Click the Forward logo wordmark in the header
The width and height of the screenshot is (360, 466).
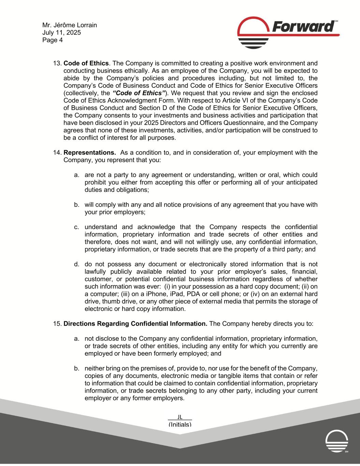[x=303, y=27]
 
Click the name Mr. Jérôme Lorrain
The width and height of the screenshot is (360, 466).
[x=70, y=25]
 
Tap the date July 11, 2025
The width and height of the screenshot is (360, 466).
[x=62, y=33]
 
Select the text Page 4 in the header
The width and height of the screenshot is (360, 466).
[x=53, y=40]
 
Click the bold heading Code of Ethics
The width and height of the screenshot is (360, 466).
[x=86, y=63]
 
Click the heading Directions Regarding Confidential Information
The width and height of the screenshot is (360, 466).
[x=135, y=324]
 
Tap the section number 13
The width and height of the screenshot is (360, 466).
[x=57, y=63]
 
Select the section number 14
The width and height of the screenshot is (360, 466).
[x=57, y=152]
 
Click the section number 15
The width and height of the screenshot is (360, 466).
[x=57, y=324]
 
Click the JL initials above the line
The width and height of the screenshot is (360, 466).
[x=180, y=416]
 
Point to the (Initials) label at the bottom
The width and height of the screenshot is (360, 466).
[x=180, y=424]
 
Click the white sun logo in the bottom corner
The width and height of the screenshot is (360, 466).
[x=337, y=441]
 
